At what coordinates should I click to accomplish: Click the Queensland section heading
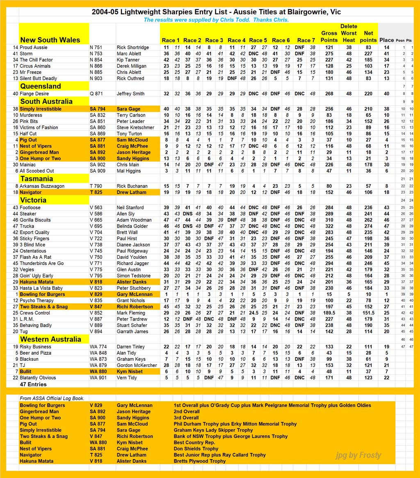[x=41, y=86]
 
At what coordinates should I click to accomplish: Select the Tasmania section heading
[x=37, y=179]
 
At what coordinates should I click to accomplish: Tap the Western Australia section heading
[x=50, y=339]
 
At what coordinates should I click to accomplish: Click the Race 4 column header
[x=237, y=40]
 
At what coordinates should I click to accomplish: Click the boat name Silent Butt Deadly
[x=39, y=78]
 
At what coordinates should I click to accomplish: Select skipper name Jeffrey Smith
[x=130, y=94]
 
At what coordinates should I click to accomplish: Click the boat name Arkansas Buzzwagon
[x=41, y=187]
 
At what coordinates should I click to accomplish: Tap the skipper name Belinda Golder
[x=132, y=226]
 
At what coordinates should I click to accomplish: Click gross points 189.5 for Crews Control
[x=329, y=313]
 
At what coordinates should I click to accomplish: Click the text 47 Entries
[x=33, y=385]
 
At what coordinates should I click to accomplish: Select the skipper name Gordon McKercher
[x=137, y=365]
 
